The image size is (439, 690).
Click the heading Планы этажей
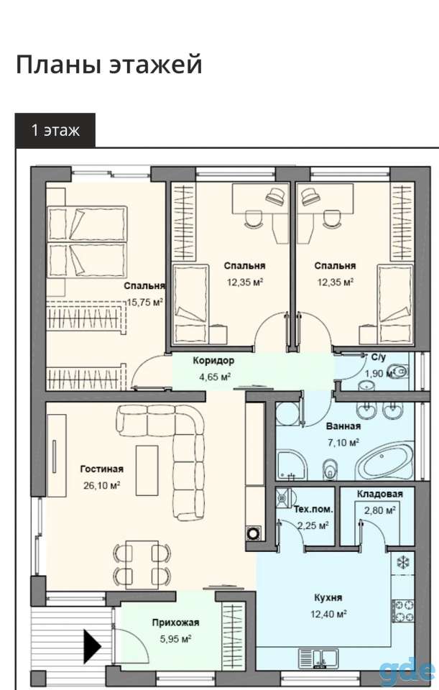[x=109, y=65]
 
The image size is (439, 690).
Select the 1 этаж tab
[x=55, y=130]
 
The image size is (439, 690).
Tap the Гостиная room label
[x=101, y=469]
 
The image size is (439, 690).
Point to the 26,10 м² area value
[x=101, y=485]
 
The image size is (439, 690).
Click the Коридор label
[x=213, y=361]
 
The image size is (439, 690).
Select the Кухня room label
[x=328, y=597]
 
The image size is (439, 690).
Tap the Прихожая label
[x=175, y=622]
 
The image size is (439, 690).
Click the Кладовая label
[x=379, y=494]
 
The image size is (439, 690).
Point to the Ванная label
[x=343, y=426]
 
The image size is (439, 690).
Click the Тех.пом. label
[x=313, y=510]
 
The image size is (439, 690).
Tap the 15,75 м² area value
[x=145, y=302]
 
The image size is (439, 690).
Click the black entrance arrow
[x=93, y=646]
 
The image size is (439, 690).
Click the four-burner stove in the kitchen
[x=404, y=611]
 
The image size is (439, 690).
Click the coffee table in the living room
[x=147, y=470]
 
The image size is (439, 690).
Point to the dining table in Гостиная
[x=142, y=565]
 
